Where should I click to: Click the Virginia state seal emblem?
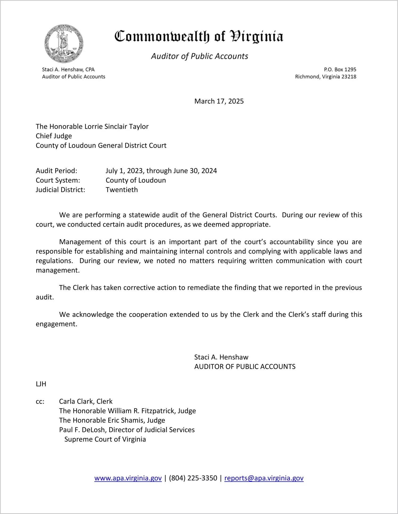(64, 44)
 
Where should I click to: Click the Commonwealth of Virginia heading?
(199, 36)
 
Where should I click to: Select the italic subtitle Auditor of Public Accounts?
(200, 56)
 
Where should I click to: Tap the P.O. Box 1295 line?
(340, 69)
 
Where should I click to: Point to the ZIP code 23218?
(349, 77)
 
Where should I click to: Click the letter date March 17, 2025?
(219, 101)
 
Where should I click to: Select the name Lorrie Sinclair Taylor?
(116, 126)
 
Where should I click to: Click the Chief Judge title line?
(54, 136)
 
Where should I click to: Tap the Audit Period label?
(56, 171)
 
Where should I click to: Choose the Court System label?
(58, 180)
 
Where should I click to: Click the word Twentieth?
(122, 190)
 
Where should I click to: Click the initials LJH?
(41, 384)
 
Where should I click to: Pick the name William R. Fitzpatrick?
(140, 411)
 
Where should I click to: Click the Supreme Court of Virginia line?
(105, 439)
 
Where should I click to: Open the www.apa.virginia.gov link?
(128, 478)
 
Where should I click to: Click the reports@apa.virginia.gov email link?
(264, 478)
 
